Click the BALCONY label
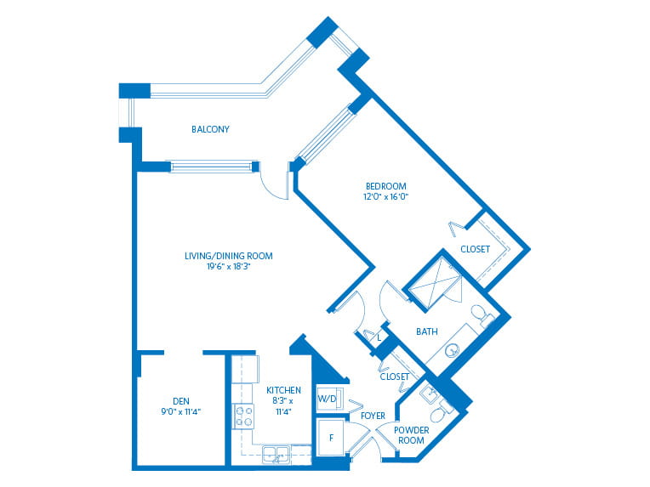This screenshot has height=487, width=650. tap(210, 129)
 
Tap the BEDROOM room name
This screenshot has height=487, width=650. tap(385, 186)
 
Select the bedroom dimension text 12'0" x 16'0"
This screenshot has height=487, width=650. tap(385, 196)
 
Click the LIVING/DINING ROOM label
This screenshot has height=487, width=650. tap(228, 256)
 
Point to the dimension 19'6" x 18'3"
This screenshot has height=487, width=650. tap(228, 266)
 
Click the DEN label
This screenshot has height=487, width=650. tap(181, 401)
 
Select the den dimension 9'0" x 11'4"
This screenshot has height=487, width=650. tap(181, 411)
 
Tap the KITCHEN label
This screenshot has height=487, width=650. tap(283, 390)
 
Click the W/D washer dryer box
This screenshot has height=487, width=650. tap(329, 399)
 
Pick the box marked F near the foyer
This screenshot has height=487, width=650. tap(330, 438)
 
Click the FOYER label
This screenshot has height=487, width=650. tap(373, 416)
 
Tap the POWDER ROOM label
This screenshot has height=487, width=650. tap(411, 435)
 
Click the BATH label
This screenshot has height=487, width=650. tap(427, 331)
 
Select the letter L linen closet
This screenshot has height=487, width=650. tap(379, 338)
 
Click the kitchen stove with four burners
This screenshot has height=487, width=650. tap(243, 416)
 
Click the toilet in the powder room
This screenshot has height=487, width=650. tap(440, 410)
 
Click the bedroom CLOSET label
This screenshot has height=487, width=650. tap(475, 249)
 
